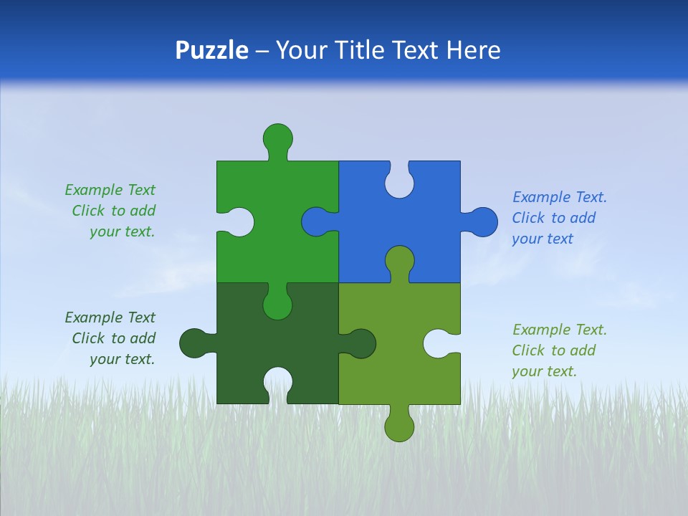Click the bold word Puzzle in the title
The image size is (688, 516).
pyautogui.click(x=211, y=50)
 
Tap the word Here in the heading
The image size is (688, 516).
pyautogui.click(x=472, y=50)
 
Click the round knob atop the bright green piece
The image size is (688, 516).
pyautogui.click(x=277, y=137)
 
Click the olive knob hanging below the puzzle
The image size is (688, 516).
pyautogui.click(x=399, y=427)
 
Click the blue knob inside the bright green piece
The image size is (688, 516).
pyautogui.click(x=315, y=222)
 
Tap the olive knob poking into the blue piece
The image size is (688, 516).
pyautogui.click(x=399, y=260)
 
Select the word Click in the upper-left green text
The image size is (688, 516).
pyautogui.click(x=88, y=211)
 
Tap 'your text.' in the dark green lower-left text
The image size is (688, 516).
pyautogui.click(x=122, y=359)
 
